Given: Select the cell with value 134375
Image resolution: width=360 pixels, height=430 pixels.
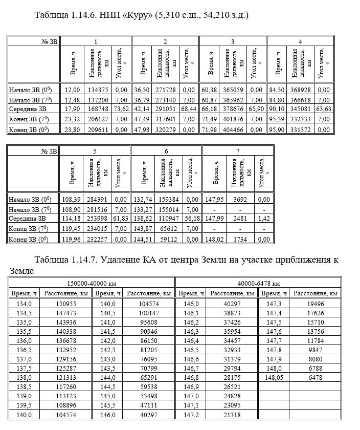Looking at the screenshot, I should click(x=99, y=90).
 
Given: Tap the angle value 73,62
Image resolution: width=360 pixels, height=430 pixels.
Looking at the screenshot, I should click(x=121, y=109).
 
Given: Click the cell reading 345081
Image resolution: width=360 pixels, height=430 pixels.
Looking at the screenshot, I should click(x=300, y=109).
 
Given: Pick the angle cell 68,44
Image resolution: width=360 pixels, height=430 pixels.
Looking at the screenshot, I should click(x=188, y=109).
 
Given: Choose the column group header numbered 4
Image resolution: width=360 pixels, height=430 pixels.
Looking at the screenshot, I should click(x=300, y=41).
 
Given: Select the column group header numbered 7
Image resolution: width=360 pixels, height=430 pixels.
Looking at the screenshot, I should click(x=237, y=151).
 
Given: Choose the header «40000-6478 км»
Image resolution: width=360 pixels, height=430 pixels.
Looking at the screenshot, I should click(x=258, y=283).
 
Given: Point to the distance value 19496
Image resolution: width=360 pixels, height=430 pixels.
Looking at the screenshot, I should click(x=317, y=304).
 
